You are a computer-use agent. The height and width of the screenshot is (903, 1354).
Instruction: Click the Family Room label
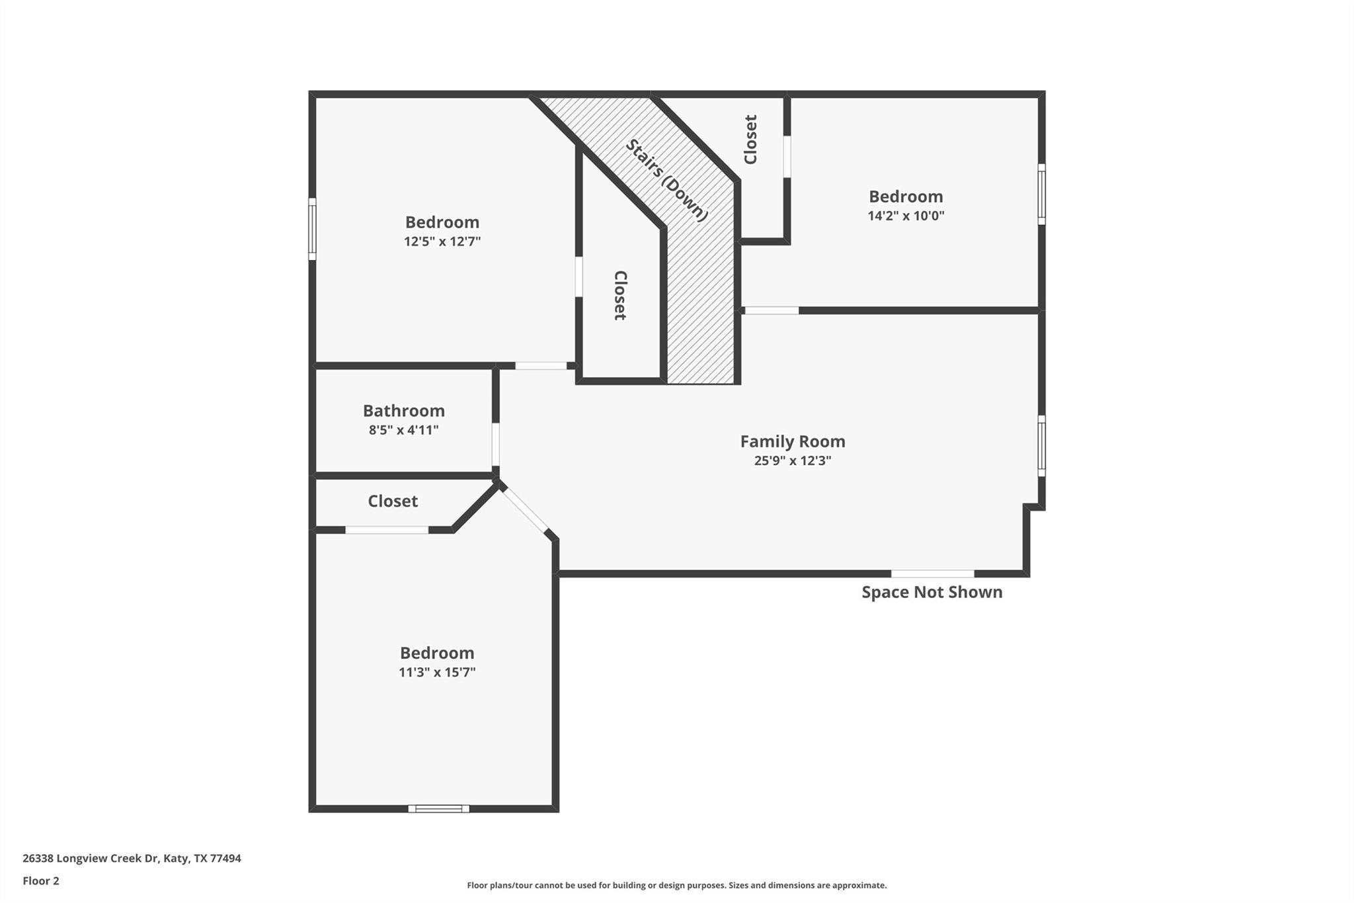pyautogui.click(x=793, y=441)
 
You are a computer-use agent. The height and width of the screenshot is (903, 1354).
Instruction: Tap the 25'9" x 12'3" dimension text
pyautogui.click(x=793, y=460)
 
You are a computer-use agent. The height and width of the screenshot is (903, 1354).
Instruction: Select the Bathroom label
pyautogui.click(x=404, y=411)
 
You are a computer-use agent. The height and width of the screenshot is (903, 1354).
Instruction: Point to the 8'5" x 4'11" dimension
pyautogui.click(x=404, y=430)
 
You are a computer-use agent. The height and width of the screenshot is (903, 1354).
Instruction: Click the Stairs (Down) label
pyautogui.click(x=667, y=180)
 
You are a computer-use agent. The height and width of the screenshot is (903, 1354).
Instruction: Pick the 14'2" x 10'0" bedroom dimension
pyautogui.click(x=906, y=216)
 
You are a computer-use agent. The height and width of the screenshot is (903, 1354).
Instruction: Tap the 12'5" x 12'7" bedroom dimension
pyautogui.click(x=442, y=241)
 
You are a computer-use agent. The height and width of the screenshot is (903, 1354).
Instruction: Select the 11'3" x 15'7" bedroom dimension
pyautogui.click(x=437, y=672)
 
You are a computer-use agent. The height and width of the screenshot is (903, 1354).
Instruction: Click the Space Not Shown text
pyautogui.click(x=932, y=592)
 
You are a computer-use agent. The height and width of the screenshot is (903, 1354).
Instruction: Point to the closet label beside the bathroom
pyautogui.click(x=393, y=501)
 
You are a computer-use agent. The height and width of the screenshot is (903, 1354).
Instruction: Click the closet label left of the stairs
pyautogui.click(x=620, y=295)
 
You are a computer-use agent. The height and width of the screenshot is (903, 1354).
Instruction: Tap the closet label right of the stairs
pyautogui.click(x=750, y=140)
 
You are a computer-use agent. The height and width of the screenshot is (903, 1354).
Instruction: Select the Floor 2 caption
pyautogui.click(x=41, y=881)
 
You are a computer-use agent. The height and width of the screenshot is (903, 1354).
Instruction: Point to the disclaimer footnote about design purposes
pyautogui.click(x=677, y=885)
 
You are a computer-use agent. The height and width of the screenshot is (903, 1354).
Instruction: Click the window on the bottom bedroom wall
pyautogui.click(x=439, y=808)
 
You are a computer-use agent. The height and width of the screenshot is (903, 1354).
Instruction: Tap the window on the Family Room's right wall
pyautogui.click(x=1041, y=445)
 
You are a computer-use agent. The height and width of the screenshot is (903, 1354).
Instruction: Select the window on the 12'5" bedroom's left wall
pyautogui.click(x=313, y=229)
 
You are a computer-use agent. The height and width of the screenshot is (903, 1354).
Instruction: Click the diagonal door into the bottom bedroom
pyautogui.click(x=525, y=509)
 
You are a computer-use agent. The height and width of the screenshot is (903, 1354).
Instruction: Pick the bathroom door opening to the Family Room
pyautogui.click(x=495, y=445)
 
